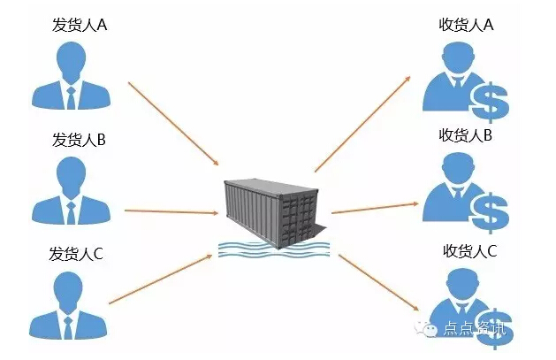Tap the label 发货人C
tap(77, 254)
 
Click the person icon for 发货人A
tap(71, 75)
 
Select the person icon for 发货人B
tap(71, 190)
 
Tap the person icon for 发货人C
tap(71, 305)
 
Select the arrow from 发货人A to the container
tap(173, 124)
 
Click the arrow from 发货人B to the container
tap(171, 211)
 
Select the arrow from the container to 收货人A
tap(362, 123)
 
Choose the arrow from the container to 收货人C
tap(378, 282)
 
